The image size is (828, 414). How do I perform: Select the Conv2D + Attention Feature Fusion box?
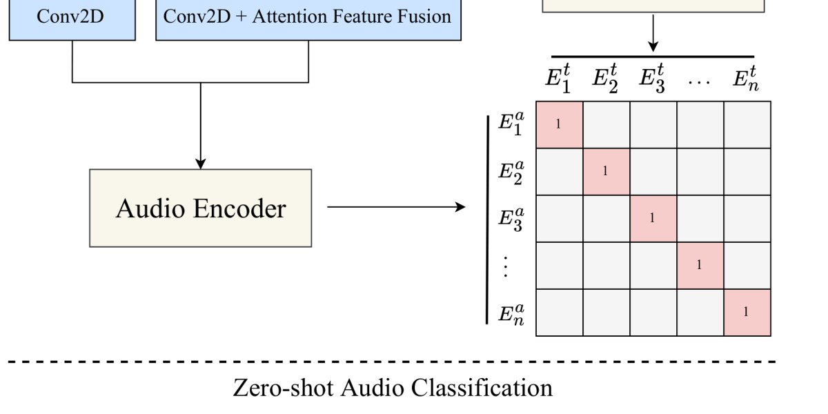coord(308,17)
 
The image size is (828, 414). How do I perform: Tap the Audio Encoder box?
coord(200,207)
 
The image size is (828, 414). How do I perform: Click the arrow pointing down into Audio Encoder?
coord(200,128)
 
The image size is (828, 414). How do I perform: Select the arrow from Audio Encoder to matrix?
coord(396,207)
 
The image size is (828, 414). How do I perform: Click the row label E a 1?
coord(513,125)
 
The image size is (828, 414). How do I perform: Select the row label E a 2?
coord(513,172)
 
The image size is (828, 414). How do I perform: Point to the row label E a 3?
coord(513,219)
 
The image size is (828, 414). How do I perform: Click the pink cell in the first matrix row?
coord(560,125)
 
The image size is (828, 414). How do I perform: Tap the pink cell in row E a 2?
coord(607,172)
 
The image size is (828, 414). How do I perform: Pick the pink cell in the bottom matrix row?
coord(747,313)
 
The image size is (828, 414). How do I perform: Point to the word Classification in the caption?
coord(488,388)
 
